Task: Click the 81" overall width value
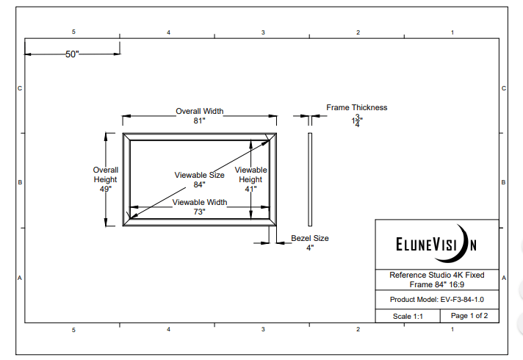199,121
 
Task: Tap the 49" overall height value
105,189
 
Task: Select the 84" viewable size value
199,185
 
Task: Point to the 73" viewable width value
199,212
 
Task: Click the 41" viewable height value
250,189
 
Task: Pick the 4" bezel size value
309,248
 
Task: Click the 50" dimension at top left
72,54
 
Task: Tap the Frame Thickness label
356,107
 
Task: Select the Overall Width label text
199,112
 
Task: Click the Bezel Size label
310,238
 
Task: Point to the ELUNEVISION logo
436,243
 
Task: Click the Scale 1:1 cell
407,316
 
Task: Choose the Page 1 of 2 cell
469,316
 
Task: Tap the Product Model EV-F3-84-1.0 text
436,299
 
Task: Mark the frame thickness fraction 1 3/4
357,121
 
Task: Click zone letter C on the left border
20,88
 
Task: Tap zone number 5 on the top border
73,32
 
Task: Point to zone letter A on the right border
504,278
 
